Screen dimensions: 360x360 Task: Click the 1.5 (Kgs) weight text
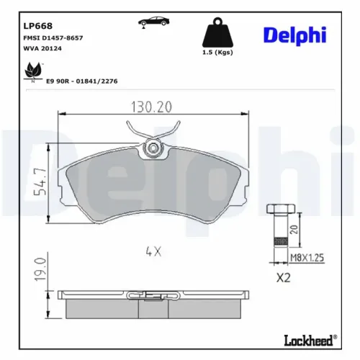point(217,53)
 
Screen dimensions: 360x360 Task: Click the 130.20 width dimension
point(150,107)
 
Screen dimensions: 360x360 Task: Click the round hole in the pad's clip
point(152,149)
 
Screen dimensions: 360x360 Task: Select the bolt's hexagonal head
point(279,210)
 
